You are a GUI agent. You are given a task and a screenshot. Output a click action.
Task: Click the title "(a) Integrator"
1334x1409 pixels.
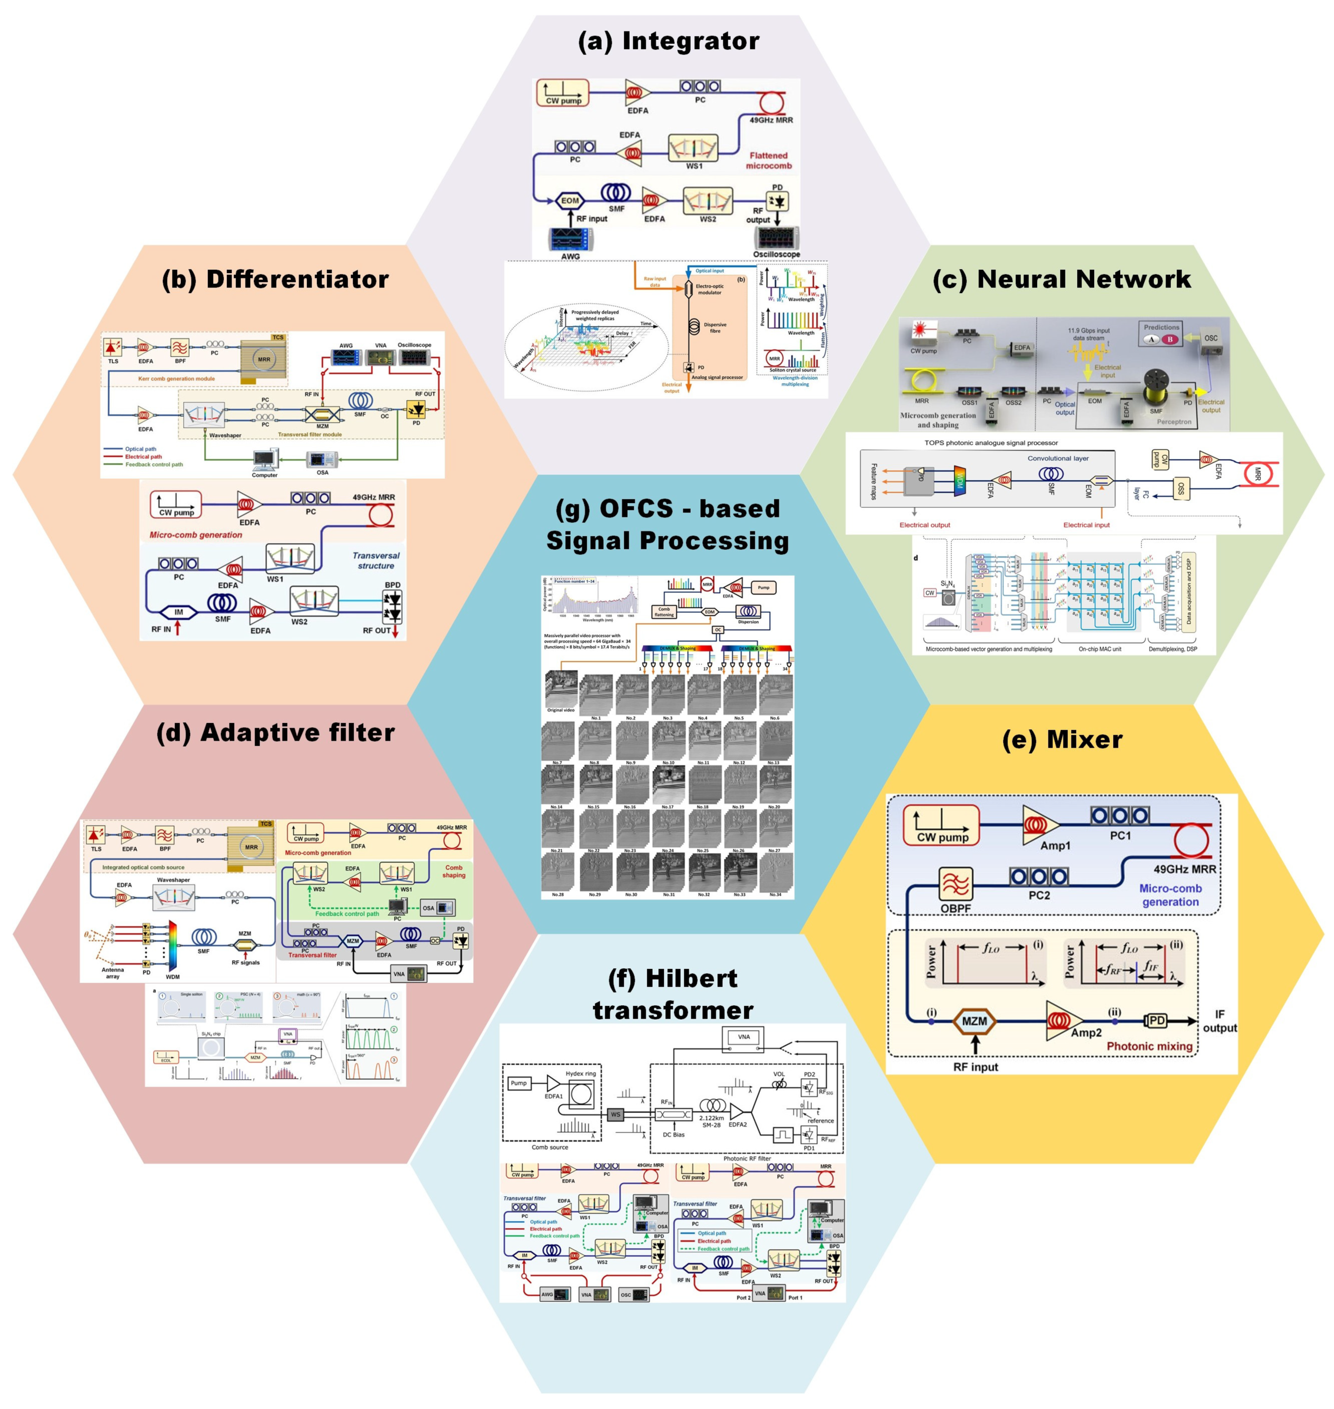coord(668,41)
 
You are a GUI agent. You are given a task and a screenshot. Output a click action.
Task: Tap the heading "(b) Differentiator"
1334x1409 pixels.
coord(275,279)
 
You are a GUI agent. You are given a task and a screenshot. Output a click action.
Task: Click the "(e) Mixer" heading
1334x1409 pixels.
coord(1062,739)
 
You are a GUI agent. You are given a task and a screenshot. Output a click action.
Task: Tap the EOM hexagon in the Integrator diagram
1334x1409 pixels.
coord(570,201)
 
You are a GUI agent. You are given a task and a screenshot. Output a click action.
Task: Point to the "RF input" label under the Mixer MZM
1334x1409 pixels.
coord(976,1067)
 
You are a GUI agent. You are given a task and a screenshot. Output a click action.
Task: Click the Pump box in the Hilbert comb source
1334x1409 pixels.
coord(518,1083)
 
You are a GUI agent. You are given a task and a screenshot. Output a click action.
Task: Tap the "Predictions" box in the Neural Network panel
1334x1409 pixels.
coord(1161,334)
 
